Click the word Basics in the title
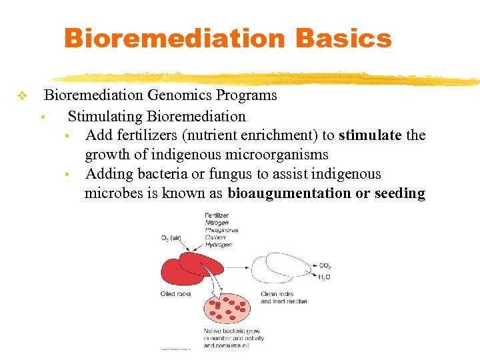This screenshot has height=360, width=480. pos(343,38)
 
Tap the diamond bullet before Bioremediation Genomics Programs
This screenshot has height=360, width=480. pos(21,97)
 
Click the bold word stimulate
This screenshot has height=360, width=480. pos(370,135)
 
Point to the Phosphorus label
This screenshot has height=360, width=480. pos(221,230)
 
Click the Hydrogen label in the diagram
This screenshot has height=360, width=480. pos(218,245)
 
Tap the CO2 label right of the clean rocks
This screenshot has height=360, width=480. pos(324,265)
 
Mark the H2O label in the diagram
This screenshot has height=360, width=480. pos(324,277)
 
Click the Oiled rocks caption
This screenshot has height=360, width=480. pos(176,293)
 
